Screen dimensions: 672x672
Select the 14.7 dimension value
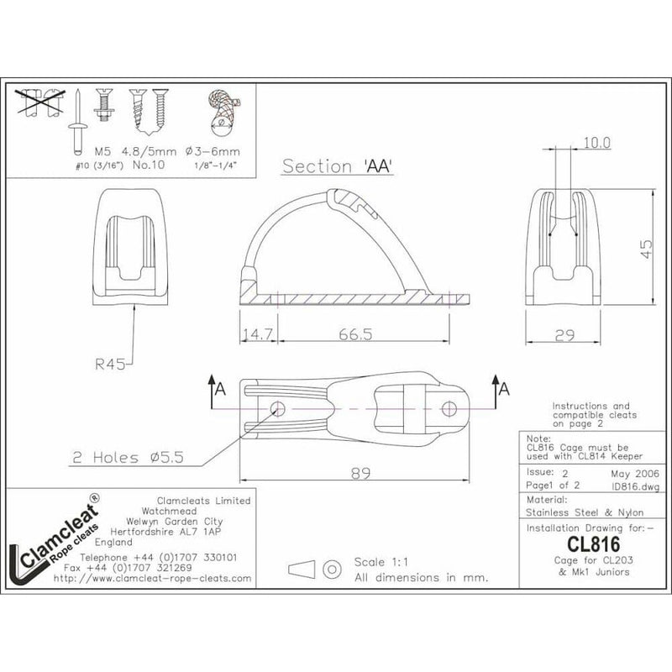coord(258,334)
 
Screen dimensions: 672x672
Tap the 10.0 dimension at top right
coord(596,144)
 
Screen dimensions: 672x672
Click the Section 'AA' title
coord(338,165)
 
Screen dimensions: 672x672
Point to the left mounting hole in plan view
coord(277,408)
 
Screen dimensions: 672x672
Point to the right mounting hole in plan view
coord(449,409)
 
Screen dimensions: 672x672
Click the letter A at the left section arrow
coord(220,390)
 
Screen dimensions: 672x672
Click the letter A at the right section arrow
coord(504,390)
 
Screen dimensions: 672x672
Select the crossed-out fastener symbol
coord(41,104)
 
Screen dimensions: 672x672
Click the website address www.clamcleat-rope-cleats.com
coord(152,579)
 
